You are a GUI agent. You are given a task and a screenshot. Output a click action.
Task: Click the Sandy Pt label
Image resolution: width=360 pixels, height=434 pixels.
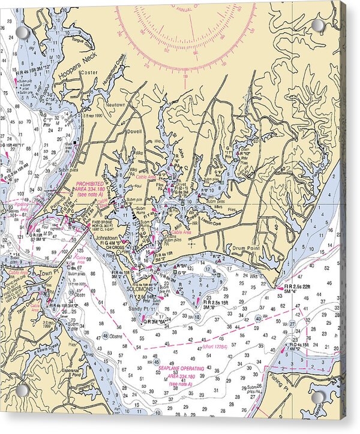point(139,308)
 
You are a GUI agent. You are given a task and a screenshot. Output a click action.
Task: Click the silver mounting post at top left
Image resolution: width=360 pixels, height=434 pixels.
point(23,32)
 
